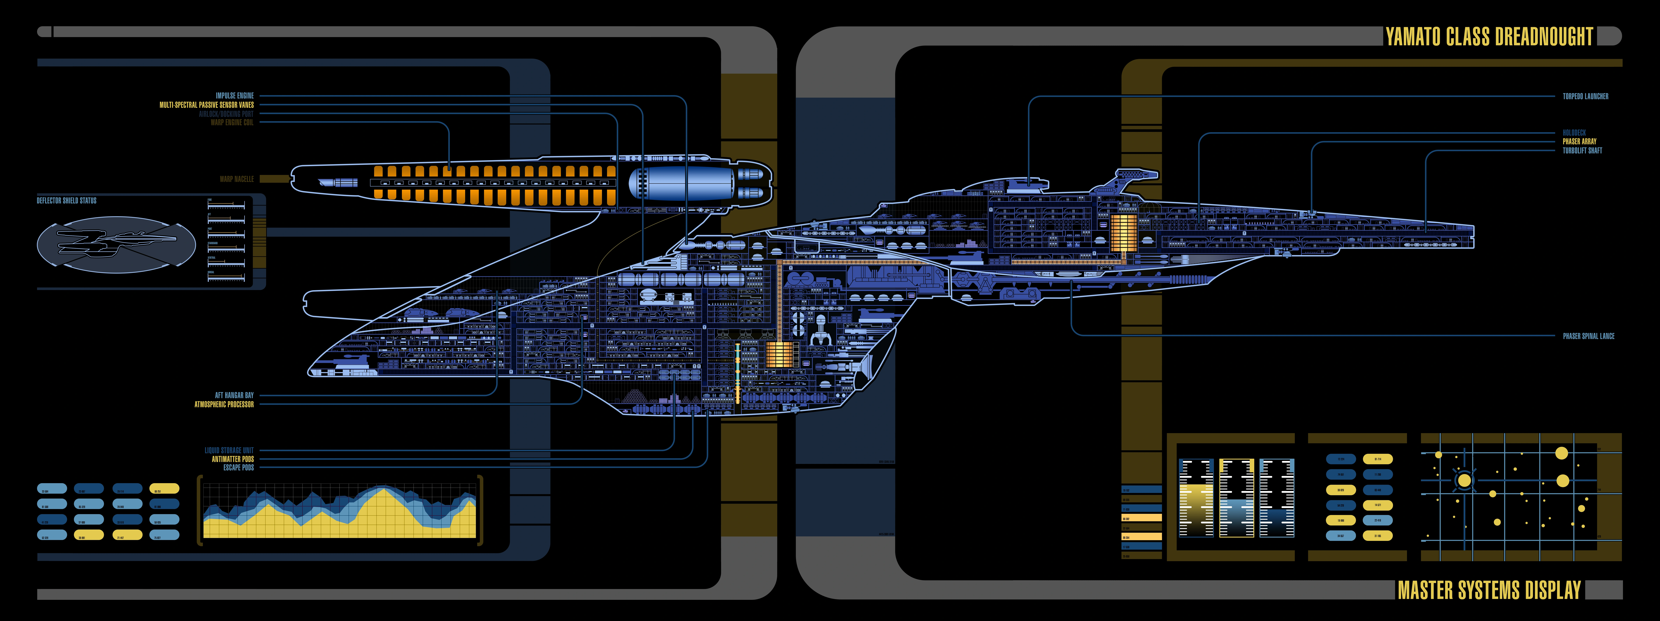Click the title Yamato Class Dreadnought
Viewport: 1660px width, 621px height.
(1489, 37)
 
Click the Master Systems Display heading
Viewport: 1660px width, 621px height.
(1489, 590)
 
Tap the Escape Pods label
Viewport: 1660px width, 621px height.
(239, 468)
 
